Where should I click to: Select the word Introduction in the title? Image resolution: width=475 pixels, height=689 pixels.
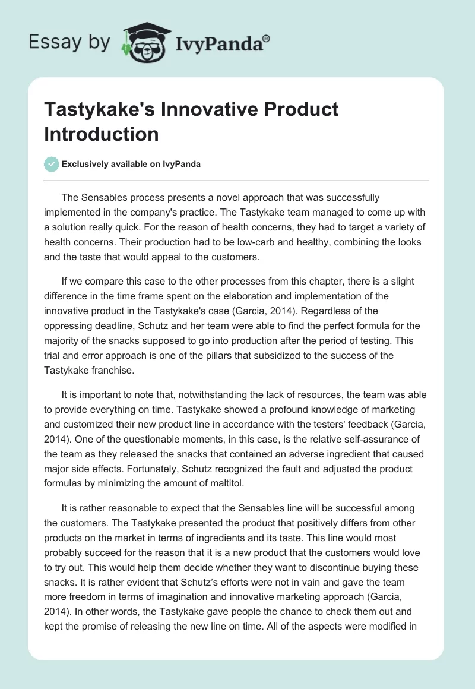coord(102,134)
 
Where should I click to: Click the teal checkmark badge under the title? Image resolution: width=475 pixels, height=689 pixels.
coord(52,164)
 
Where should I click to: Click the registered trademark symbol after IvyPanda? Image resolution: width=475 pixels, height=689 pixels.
coord(268,37)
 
